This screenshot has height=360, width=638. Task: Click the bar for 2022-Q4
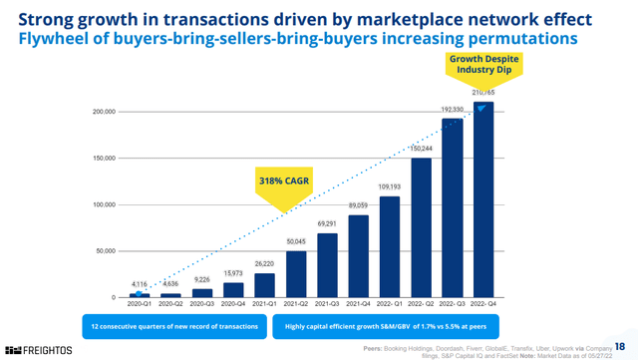point(485,199)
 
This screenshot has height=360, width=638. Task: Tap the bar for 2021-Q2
point(297,274)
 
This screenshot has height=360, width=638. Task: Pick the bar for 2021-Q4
point(360,256)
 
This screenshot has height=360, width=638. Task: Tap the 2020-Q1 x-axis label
point(140,305)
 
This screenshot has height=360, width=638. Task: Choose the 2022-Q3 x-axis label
point(455,305)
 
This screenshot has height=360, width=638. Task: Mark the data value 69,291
point(328,225)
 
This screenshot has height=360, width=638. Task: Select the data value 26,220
point(265,264)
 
